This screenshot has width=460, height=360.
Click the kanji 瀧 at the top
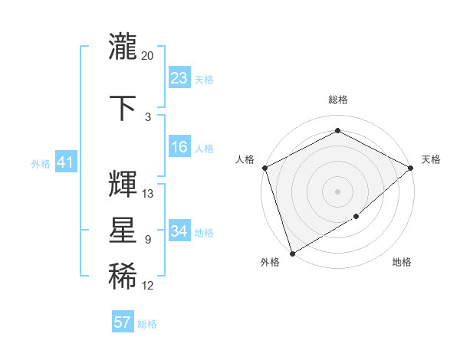[123, 47]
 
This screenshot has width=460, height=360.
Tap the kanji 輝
[123, 184]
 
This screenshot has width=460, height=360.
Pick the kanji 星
[123, 231]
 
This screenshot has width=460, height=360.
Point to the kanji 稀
[123, 277]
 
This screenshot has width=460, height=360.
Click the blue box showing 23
[179, 77]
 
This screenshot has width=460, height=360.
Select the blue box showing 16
[179, 147]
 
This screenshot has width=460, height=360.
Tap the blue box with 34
[179, 231]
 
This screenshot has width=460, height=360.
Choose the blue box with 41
[65, 162]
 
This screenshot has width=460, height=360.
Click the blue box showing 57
[123, 322]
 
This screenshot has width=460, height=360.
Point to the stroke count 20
[148, 56]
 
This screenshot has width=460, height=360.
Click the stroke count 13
[148, 194]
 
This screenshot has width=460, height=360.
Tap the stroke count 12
[148, 286]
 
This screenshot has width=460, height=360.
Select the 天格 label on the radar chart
[431, 159]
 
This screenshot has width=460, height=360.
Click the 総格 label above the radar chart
[337, 100]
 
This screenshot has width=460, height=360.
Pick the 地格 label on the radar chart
[402, 263]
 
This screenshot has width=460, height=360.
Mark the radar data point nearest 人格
[264, 168]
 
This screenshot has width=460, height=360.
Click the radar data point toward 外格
[292, 253]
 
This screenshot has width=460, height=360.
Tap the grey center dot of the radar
[337, 191]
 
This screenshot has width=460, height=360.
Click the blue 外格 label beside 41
[41, 163]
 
